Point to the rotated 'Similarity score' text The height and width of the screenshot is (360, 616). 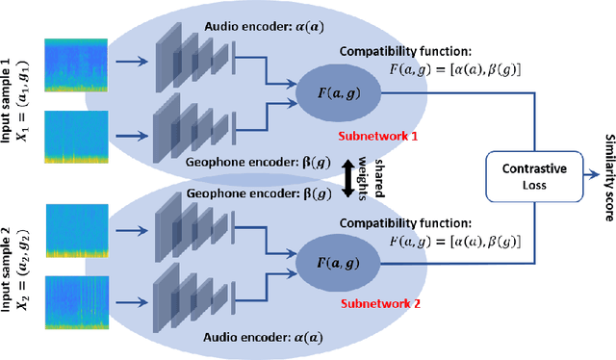tap(606, 179)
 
